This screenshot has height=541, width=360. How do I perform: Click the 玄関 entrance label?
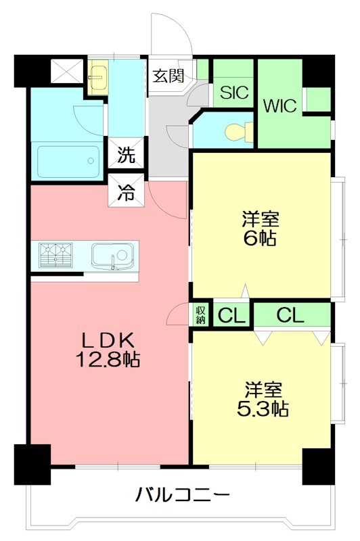168,75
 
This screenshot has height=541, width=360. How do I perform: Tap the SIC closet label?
234,92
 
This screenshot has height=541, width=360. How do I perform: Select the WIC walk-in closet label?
280,106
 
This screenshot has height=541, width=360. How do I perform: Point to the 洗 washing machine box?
127,155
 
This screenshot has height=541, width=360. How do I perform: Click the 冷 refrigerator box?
127,192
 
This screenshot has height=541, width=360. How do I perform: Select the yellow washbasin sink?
98,78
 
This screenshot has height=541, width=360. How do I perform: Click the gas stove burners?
55,256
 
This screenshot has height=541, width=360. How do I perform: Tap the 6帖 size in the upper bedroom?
261,238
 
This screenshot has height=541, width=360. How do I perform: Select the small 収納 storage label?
201,314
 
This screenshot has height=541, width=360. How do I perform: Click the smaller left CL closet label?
231,315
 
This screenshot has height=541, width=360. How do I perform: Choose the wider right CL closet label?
290,314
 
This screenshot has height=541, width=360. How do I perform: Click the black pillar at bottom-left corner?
32,463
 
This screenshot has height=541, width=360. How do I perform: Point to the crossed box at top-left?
66,70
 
